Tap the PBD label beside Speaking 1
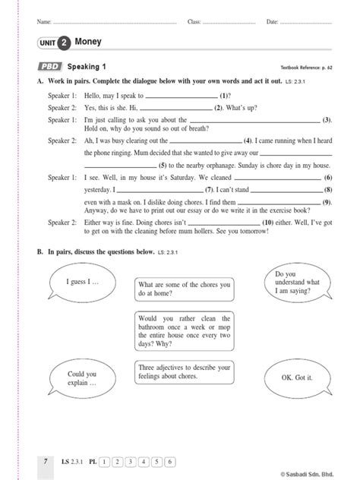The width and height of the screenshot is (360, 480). (49, 67)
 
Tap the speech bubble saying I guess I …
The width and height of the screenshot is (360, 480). (79, 282)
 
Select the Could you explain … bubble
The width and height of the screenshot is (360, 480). (81, 379)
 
